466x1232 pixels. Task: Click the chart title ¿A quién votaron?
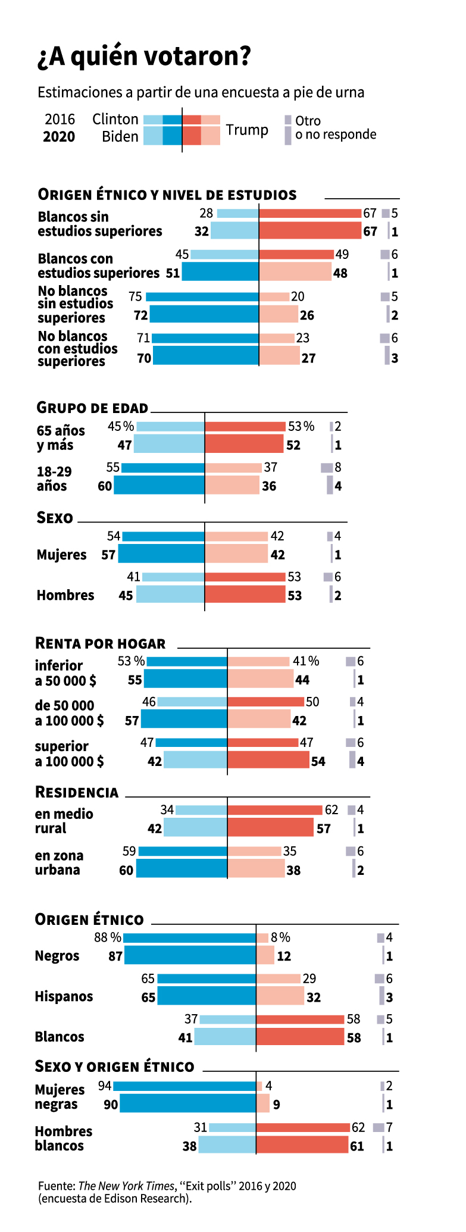click(x=144, y=57)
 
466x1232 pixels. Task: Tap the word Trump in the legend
click(x=247, y=130)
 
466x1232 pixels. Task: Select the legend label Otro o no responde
click(x=335, y=128)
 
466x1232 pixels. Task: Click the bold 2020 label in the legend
click(x=59, y=137)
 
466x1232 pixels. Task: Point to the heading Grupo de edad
click(x=92, y=408)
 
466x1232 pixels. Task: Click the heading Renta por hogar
click(x=101, y=643)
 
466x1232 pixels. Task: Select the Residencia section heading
click(x=77, y=792)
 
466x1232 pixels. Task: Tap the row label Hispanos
click(x=64, y=996)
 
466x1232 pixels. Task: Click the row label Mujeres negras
click(x=60, y=1097)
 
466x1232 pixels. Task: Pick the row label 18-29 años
click(x=54, y=479)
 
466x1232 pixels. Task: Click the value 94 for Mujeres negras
click(x=105, y=1086)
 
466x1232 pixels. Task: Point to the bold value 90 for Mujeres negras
click(x=111, y=1105)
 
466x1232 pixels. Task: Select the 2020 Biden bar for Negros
click(x=190, y=956)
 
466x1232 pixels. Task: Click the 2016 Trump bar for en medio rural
click(x=274, y=810)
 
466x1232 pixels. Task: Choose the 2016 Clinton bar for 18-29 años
click(x=162, y=468)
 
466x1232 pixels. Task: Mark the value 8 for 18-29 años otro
click(x=338, y=467)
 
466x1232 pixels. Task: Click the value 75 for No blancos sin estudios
click(x=135, y=296)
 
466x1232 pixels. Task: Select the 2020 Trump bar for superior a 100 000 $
click(x=268, y=760)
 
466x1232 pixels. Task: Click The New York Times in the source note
click(x=126, y=1186)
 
